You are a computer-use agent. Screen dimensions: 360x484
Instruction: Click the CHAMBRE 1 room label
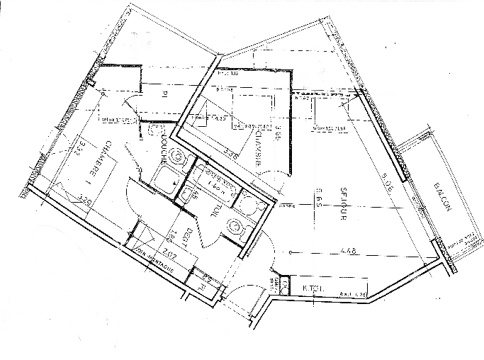[99, 163]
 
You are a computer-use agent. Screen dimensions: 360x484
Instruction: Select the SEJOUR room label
[339, 204]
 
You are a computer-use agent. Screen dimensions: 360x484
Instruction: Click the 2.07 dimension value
[169, 252]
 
